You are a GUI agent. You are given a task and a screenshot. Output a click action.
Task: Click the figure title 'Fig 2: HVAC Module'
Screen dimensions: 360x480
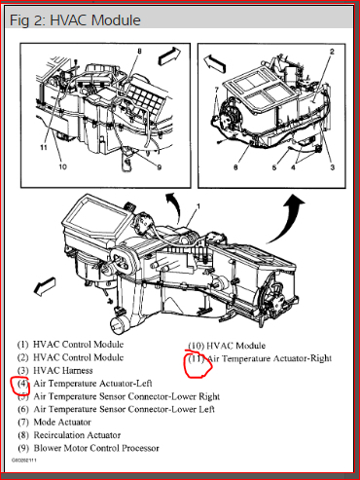click(x=75, y=20)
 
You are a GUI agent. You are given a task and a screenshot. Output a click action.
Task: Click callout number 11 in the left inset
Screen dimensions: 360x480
click(x=44, y=147)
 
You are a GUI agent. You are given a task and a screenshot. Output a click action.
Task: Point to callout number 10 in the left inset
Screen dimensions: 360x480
click(x=62, y=166)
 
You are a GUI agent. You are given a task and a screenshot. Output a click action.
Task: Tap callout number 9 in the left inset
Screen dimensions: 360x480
click(x=160, y=167)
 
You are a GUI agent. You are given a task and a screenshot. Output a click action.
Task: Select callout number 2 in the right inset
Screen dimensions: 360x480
click(x=332, y=52)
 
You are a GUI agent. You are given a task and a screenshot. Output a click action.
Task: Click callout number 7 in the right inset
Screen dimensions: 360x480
click(x=217, y=90)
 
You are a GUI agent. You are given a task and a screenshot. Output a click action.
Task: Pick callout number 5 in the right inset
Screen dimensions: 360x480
click(x=274, y=167)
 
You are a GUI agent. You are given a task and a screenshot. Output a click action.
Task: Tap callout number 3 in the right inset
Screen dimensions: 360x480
click(x=332, y=167)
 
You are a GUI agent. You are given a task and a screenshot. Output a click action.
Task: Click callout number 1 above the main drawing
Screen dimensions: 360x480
click(x=198, y=206)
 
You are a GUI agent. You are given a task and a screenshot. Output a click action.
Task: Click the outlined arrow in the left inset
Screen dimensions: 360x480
click(x=169, y=55)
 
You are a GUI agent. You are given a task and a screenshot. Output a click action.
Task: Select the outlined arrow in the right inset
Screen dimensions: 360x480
click(x=215, y=63)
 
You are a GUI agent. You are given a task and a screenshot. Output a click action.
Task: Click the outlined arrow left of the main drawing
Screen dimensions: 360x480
click(x=45, y=286)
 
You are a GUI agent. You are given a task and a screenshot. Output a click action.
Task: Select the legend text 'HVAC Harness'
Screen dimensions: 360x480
click(x=63, y=371)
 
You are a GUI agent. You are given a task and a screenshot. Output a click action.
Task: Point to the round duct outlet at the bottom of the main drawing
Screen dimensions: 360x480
click(x=118, y=325)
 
